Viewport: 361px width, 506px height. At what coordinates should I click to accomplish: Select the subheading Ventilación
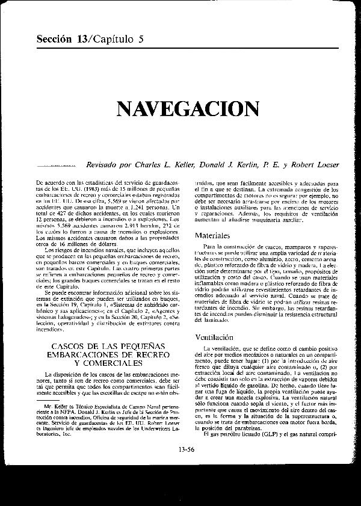tap(218, 338)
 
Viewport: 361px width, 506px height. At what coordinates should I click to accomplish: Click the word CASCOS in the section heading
tap(70, 348)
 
